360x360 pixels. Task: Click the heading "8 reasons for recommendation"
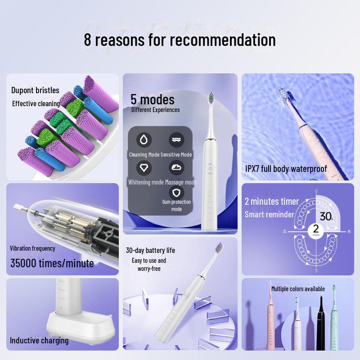180,40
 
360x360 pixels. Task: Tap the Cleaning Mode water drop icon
144,139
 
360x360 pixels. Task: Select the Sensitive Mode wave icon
176,139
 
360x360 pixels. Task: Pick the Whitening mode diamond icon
144,167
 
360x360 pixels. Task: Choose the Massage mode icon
176,167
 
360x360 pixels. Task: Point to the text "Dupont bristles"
35,90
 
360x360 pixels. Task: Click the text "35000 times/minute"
52,263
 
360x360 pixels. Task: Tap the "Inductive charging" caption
39,341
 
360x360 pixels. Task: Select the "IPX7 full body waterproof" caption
286,169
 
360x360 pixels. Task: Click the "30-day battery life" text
150,250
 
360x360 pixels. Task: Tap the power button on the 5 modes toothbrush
210,169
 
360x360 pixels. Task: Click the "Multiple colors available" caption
297,288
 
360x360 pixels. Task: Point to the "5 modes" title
152,99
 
